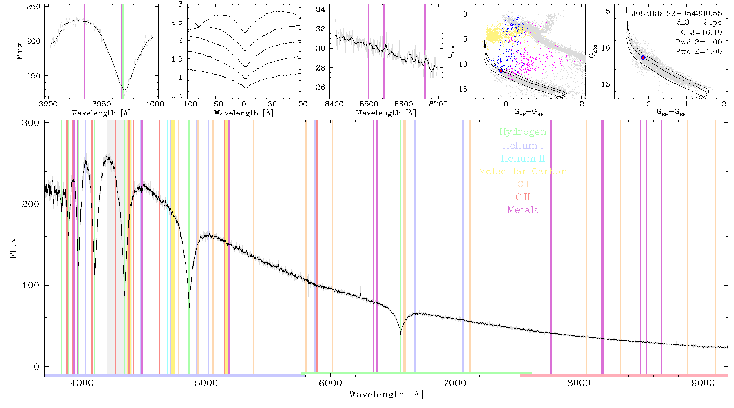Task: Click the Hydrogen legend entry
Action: pos(522,132)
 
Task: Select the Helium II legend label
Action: pos(523,158)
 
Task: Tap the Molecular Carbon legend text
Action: pos(523,171)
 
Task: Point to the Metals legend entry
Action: pos(523,210)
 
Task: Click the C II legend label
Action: pos(523,197)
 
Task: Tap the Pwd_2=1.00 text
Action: pos(699,52)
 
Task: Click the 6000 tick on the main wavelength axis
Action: pos(330,383)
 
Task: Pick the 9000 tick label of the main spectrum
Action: pos(703,383)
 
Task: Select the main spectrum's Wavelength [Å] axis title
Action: pos(386,395)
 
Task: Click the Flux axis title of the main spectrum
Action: pos(13,248)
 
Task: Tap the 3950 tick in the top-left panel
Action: pos(101,104)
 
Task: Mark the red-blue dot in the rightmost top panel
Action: pos(643,58)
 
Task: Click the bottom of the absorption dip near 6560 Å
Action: pos(400,335)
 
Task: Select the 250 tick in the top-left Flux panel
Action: pos(33,7)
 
